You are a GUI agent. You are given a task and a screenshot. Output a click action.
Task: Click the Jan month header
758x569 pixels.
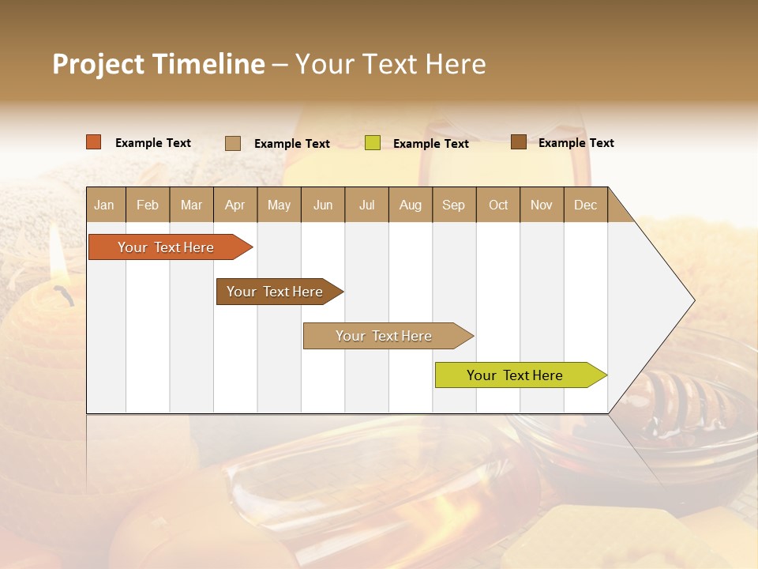tap(104, 205)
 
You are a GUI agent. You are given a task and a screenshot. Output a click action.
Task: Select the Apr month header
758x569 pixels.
tap(235, 205)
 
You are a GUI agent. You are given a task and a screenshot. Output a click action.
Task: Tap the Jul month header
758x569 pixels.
tap(366, 205)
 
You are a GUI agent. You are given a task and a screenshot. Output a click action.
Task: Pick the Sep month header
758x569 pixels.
tap(453, 205)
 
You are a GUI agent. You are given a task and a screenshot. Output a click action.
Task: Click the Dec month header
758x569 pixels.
tap(585, 205)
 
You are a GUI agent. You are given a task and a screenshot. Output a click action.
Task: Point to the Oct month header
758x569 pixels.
tap(498, 205)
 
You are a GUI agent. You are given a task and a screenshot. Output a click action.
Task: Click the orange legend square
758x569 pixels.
tap(93, 142)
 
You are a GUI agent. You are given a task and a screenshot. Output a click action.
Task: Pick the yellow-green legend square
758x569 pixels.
tap(373, 143)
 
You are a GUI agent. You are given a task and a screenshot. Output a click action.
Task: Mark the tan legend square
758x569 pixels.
tap(233, 143)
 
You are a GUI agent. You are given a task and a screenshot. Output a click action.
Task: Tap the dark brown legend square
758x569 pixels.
tap(518, 142)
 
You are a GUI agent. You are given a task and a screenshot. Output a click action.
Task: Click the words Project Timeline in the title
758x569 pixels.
tap(158, 64)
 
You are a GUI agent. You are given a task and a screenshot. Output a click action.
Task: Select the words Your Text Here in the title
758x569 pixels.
tap(390, 64)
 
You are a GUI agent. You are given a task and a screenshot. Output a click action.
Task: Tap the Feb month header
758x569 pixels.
tap(148, 205)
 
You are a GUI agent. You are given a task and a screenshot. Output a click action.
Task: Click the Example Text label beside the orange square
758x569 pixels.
tap(153, 142)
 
